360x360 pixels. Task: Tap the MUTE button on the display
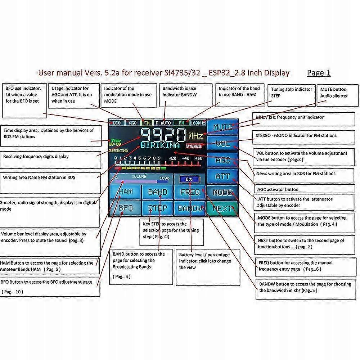point(222,127)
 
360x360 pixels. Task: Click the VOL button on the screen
point(222,143)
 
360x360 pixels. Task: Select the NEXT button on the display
point(222,208)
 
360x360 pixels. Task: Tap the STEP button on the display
point(158,208)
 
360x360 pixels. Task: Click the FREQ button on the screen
point(190,192)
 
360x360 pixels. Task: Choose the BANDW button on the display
point(190,208)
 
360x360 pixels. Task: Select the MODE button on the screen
point(222,192)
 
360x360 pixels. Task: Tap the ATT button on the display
point(222,176)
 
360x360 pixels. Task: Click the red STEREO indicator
point(194,147)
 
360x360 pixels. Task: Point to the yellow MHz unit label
point(195,136)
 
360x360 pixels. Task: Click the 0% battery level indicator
point(190,179)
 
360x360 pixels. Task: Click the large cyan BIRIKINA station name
point(160,145)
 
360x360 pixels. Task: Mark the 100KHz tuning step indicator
point(198,123)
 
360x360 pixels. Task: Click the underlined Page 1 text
point(319,73)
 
